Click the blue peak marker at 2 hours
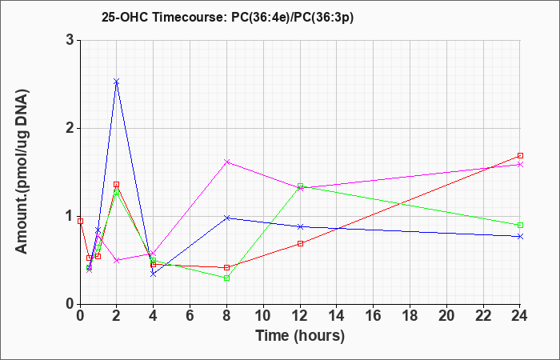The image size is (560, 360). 117,82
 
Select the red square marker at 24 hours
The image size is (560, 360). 520,156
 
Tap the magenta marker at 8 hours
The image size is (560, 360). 226,162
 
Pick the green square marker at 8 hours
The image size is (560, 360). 226,278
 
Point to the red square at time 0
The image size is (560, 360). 80,222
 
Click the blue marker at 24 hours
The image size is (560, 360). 520,237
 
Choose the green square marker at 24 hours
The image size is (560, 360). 520,225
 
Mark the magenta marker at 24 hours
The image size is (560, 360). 520,165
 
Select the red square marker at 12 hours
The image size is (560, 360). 300,243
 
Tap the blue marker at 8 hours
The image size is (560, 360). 226,218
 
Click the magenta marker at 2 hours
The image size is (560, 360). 117,260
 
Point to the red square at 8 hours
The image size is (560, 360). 226,267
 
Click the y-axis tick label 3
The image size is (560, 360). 70,40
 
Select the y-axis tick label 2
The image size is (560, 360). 70,128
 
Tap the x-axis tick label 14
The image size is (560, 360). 337,315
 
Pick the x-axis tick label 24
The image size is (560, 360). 519,315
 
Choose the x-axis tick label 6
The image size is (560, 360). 190,315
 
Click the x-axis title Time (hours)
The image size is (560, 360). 300,336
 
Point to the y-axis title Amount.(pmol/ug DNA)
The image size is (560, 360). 22,172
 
